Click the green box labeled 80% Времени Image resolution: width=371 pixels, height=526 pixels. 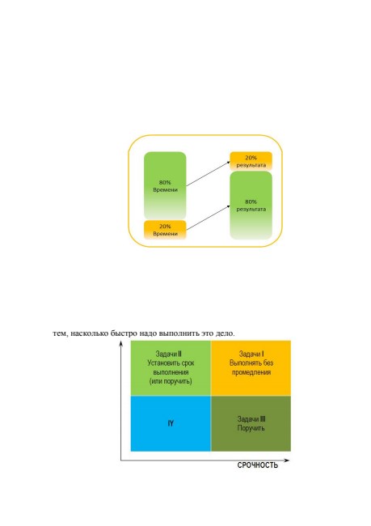pyautogui.click(x=165, y=185)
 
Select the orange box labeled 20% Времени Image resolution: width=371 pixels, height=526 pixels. pyautogui.click(x=165, y=230)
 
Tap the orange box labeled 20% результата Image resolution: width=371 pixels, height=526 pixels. pyautogui.click(x=251, y=161)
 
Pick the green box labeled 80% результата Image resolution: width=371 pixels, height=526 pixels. pyautogui.click(x=251, y=206)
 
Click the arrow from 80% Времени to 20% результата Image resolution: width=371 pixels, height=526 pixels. pyautogui.click(x=208, y=173)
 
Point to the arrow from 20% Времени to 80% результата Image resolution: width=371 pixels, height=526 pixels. pyautogui.click(x=208, y=218)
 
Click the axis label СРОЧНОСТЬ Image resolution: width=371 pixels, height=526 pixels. pyautogui.click(x=258, y=465)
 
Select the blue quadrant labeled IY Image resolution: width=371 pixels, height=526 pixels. pyautogui.click(x=171, y=424)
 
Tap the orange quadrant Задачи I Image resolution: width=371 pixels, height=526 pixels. pyautogui.click(x=251, y=368)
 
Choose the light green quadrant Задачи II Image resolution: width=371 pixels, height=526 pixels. pyautogui.click(x=171, y=368)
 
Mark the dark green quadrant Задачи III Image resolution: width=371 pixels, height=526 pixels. pyautogui.click(x=251, y=424)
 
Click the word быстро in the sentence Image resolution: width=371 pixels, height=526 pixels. pyautogui.click(x=124, y=333)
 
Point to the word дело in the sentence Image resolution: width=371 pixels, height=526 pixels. pyautogui.click(x=225, y=333)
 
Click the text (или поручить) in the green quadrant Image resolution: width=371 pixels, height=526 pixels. pyautogui.click(x=171, y=381)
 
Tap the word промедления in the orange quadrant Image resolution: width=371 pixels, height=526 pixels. pyautogui.click(x=251, y=372)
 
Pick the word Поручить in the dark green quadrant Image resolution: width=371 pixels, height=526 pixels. pyautogui.click(x=251, y=428)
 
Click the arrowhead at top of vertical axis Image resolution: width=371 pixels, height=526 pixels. pyautogui.click(x=121, y=343)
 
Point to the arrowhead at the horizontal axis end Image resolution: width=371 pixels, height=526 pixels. pyautogui.click(x=286, y=460)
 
